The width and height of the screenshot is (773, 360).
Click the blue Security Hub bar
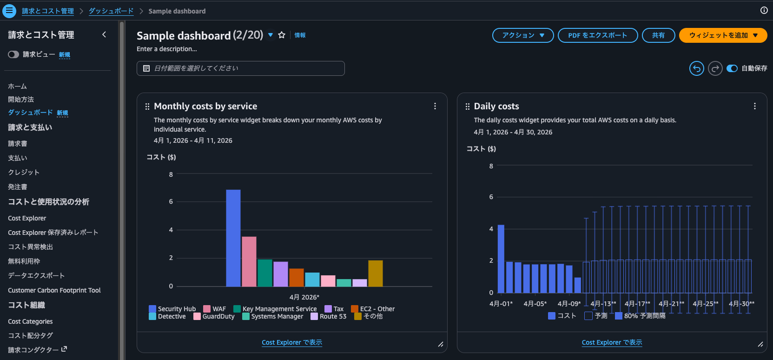tap(233, 238)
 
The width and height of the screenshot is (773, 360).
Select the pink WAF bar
tap(249, 261)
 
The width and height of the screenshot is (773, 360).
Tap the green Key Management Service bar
tap(264, 273)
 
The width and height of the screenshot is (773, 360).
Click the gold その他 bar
tap(375, 273)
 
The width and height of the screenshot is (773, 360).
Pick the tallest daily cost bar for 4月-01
tap(501, 259)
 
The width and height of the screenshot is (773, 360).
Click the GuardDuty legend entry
tap(214, 316)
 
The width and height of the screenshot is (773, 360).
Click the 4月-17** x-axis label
tap(637, 304)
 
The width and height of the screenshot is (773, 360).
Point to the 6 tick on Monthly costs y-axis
tap(171, 201)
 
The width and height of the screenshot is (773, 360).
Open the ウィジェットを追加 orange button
tap(723, 35)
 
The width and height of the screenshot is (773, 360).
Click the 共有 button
tap(658, 35)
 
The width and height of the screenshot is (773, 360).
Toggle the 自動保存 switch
tap(732, 68)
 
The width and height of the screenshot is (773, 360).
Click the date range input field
tap(240, 68)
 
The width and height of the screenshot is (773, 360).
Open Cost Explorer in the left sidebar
tap(27, 218)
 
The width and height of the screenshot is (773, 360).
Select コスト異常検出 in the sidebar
tap(30, 247)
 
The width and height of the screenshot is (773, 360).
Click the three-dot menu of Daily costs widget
tap(754, 106)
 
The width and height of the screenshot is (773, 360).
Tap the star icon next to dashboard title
tap(282, 35)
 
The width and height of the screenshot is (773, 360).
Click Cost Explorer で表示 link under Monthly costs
tap(291, 342)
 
